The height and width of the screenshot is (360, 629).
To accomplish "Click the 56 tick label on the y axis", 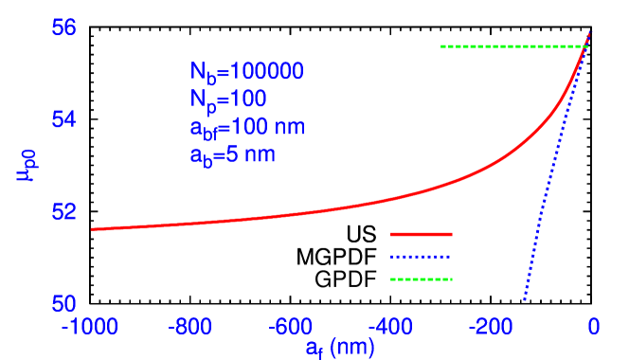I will (x=63, y=27).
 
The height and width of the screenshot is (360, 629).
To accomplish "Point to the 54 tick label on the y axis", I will (x=63, y=119).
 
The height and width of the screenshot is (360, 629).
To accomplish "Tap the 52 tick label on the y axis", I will (x=63, y=211).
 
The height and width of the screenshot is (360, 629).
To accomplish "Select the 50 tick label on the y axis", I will (x=63, y=303).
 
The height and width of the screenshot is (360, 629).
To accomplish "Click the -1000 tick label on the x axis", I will (x=90, y=327).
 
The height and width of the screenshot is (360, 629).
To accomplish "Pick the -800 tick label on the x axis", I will (x=190, y=327).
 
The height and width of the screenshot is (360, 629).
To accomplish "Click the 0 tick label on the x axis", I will (x=593, y=327).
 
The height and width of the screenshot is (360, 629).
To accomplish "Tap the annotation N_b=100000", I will (x=246, y=72).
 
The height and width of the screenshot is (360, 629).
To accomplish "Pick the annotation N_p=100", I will (x=228, y=99).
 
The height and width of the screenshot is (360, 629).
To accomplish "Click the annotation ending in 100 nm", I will (x=247, y=127).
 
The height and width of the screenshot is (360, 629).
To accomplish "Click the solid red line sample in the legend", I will (x=422, y=234).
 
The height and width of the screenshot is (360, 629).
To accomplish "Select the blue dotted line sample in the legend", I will (x=422, y=257).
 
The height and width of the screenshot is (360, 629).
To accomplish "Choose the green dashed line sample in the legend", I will (x=422, y=279).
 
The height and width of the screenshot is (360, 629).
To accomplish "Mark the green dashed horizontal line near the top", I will (x=512, y=46).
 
